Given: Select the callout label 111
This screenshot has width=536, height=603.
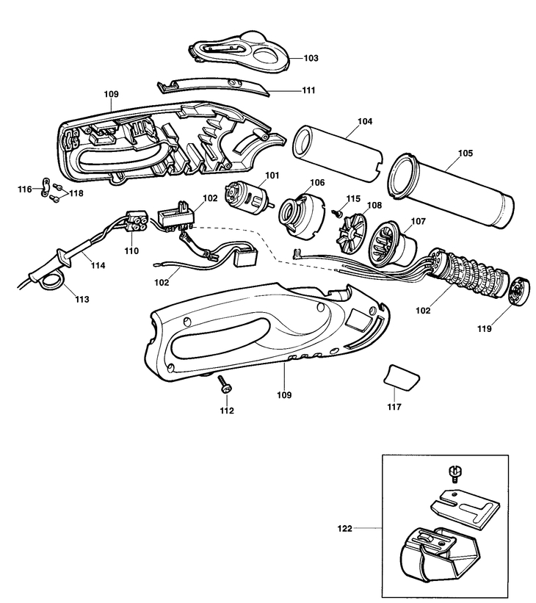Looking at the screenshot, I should (287, 90).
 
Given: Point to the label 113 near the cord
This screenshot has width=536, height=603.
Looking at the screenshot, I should (82, 299).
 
